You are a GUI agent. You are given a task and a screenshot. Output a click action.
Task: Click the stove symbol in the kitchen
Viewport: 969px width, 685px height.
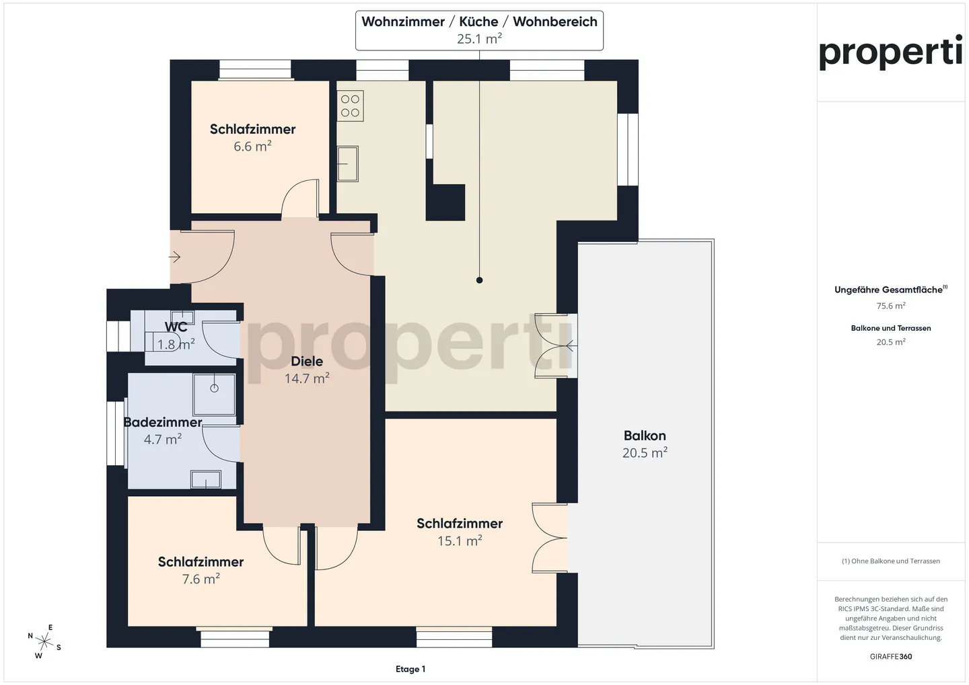coord(350,106)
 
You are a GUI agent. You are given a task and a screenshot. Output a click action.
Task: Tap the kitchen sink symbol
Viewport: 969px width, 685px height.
coord(348,163)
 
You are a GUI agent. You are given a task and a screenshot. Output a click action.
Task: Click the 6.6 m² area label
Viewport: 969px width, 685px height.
coord(252,146)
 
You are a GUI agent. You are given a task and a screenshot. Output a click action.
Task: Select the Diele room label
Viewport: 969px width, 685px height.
coord(307,361)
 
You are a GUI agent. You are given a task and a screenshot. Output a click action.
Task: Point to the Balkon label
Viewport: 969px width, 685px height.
coord(645,435)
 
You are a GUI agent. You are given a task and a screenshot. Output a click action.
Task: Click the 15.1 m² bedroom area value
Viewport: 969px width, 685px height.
coord(460,540)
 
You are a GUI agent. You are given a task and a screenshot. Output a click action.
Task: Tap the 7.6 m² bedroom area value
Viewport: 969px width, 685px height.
coord(201,579)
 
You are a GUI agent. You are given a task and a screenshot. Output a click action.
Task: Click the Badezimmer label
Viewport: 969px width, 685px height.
coord(163,422)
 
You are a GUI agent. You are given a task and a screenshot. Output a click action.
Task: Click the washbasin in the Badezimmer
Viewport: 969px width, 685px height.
coord(206,480)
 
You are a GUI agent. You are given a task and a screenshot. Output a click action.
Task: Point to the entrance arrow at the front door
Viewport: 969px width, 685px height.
coord(174,257)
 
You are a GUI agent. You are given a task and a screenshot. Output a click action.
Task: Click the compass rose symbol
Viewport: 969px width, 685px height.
coord(44,641)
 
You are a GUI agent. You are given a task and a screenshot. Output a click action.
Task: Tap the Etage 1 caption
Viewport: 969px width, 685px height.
coord(410,669)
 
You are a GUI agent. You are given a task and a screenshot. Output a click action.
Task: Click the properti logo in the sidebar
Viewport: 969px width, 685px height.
coord(891,52)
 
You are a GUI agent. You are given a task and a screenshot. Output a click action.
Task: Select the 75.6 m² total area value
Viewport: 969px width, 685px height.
coord(891,306)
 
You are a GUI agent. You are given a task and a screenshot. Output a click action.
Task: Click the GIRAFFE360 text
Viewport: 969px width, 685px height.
coord(891,657)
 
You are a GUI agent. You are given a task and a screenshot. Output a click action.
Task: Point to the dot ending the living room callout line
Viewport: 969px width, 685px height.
coord(479,280)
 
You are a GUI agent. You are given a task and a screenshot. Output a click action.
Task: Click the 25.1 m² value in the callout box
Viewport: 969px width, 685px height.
coord(479,39)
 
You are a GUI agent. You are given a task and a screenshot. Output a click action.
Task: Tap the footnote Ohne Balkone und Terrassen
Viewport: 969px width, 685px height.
coord(891,561)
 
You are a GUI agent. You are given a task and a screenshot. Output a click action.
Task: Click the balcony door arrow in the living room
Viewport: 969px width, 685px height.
coord(570,346)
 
